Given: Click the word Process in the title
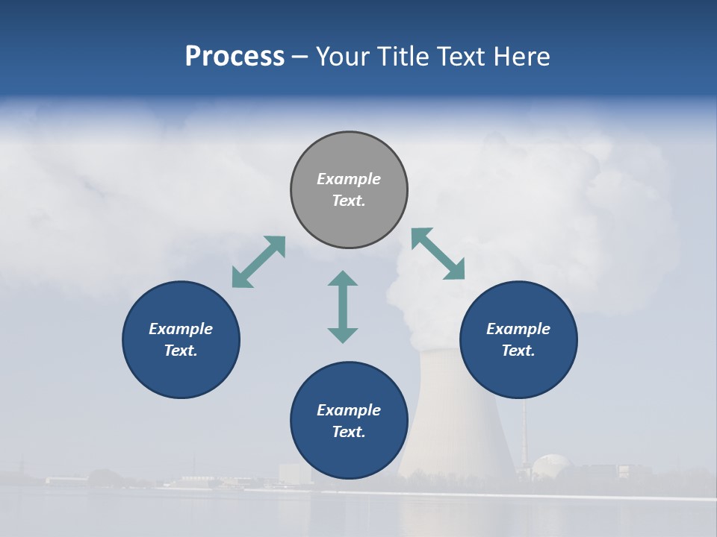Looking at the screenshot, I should (235, 57).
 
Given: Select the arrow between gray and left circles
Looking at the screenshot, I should (258, 261).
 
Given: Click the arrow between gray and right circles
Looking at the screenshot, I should (438, 254).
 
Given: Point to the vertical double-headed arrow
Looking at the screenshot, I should (343, 307).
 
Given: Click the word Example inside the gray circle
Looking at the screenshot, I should (349, 179).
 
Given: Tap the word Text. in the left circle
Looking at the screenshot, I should (181, 351).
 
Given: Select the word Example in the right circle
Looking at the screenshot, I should (518, 329).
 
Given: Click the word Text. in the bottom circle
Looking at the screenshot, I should (349, 432).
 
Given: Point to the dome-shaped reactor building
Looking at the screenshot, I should (550, 465).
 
